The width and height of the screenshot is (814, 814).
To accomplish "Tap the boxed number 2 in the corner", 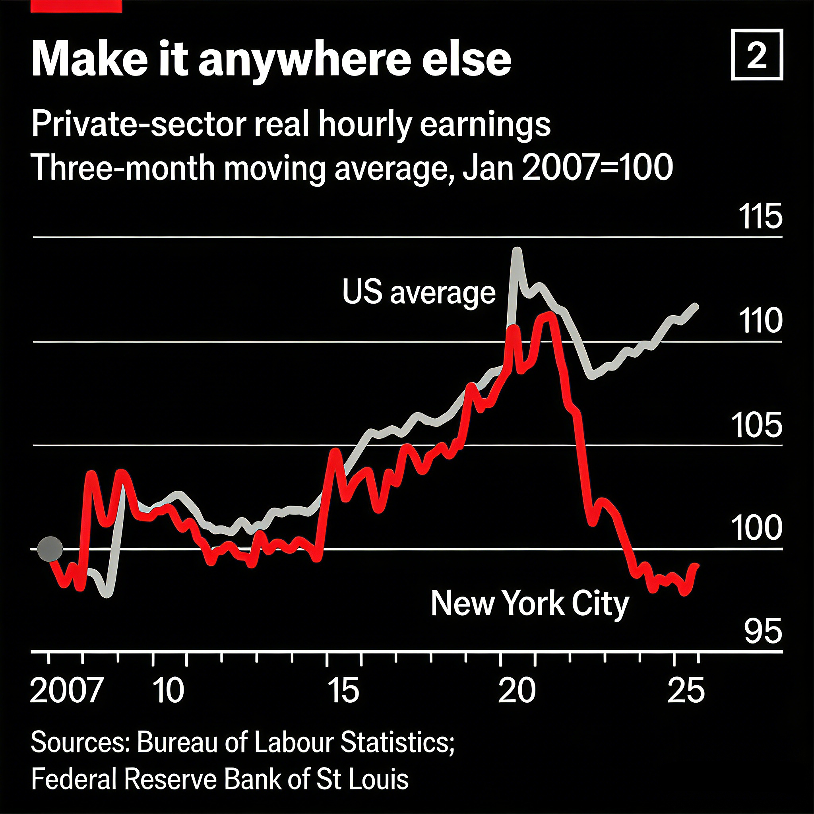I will (x=757, y=55).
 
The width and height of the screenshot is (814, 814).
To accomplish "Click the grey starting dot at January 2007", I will (x=50, y=549).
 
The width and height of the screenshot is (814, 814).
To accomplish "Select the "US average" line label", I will (x=419, y=292).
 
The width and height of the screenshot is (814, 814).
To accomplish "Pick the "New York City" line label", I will (x=529, y=604).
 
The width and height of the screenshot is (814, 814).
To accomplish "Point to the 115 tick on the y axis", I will (x=760, y=217).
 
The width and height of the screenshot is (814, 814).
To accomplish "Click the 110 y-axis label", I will (x=760, y=321).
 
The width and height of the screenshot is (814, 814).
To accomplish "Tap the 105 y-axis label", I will (x=757, y=426).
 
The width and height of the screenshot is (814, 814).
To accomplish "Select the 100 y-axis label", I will (x=757, y=528).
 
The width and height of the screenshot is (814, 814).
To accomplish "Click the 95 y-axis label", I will (x=763, y=632).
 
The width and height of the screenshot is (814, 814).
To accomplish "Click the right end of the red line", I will (x=697, y=566).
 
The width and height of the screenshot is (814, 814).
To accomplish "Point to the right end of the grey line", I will (x=696, y=306).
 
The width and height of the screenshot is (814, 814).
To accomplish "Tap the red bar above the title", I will (x=76, y=6).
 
